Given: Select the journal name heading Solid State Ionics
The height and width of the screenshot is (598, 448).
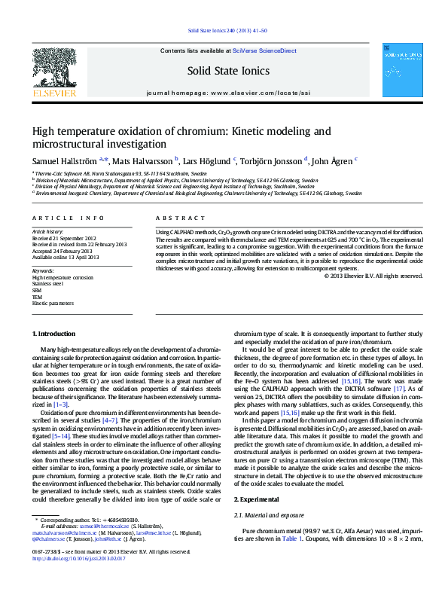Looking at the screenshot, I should click(223, 70).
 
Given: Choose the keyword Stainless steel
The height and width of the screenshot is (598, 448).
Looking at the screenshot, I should click(47, 282).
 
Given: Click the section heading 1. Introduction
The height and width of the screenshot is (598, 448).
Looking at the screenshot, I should click(55, 334).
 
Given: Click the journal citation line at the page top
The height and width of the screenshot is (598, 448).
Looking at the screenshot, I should click(223, 32).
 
